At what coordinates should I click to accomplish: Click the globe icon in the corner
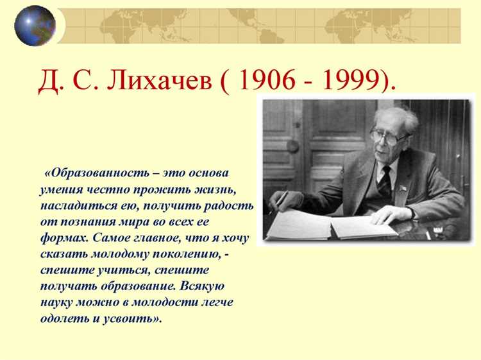pos(35,26)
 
